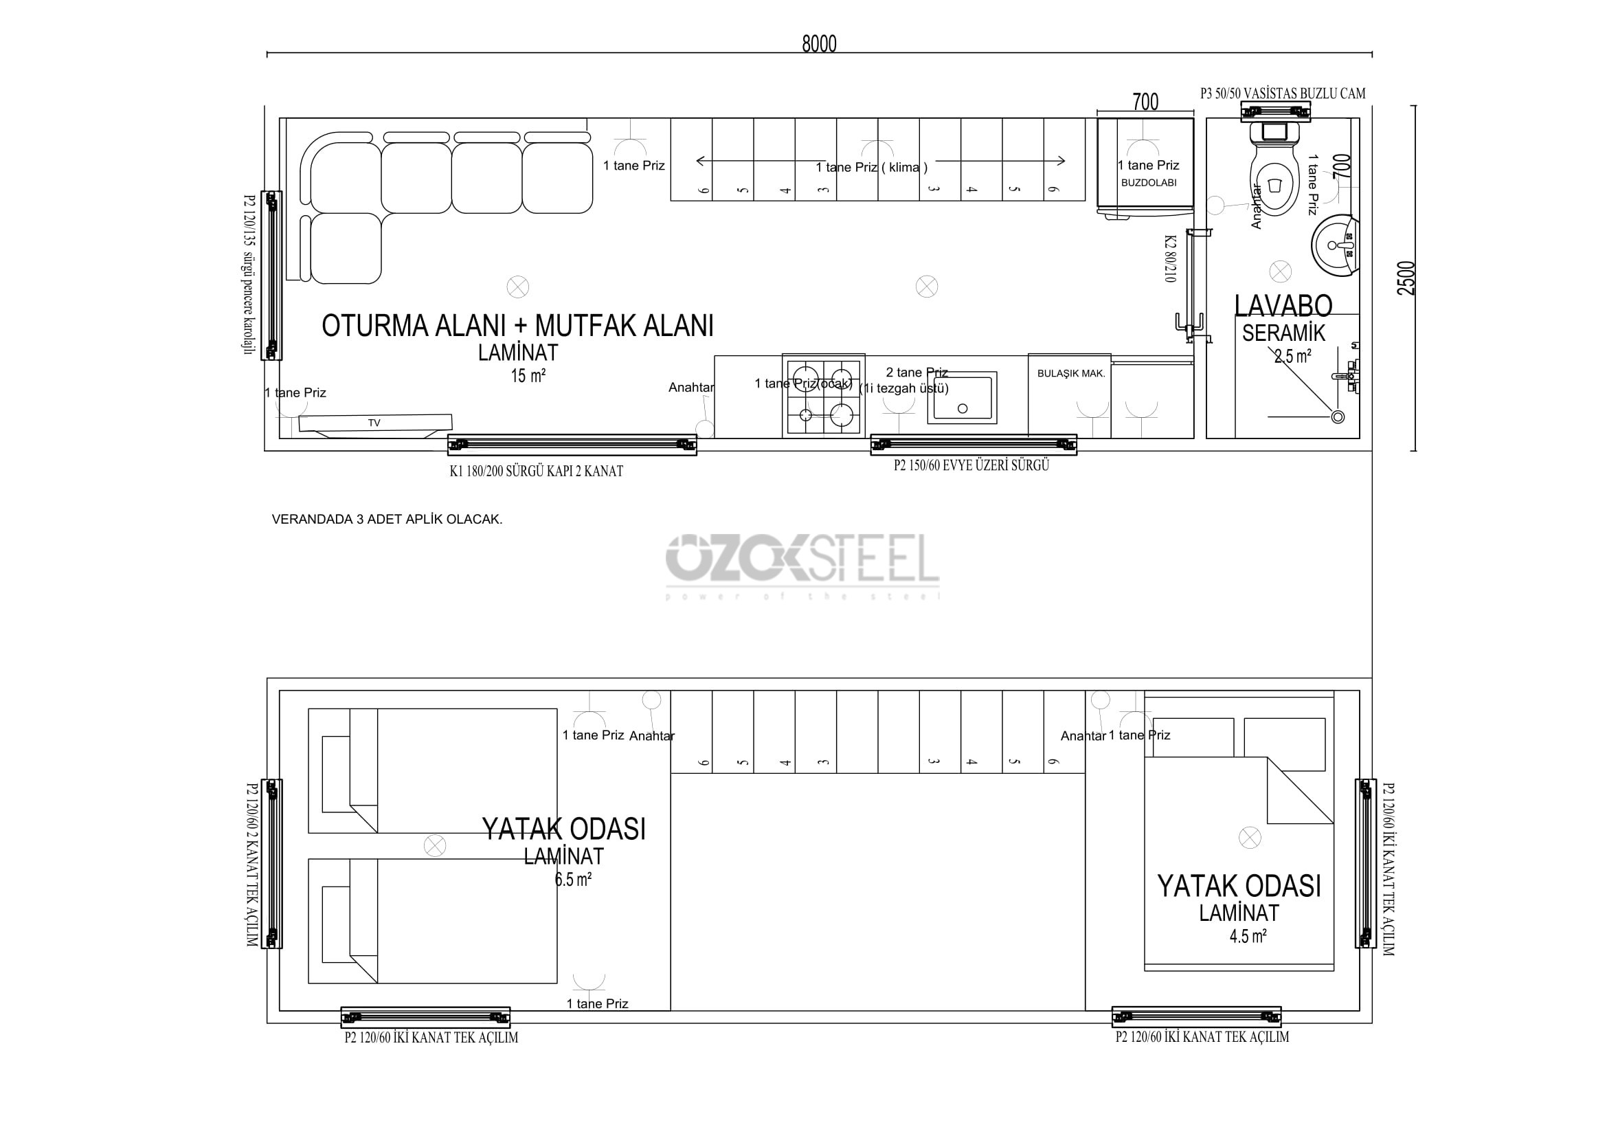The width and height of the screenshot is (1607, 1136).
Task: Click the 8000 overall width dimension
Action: coord(819,44)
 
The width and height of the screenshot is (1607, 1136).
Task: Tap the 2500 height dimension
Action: coord(1406,278)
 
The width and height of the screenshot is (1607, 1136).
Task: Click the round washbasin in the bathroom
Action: coord(1335,245)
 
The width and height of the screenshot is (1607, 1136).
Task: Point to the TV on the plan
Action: coord(374,423)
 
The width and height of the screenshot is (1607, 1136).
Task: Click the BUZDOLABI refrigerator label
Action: coord(1149,183)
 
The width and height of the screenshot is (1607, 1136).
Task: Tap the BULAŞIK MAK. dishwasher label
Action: coord(1071,374)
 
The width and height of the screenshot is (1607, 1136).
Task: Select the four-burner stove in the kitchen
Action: coord(824,397)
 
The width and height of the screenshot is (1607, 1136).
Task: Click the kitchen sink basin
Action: coord(963,397)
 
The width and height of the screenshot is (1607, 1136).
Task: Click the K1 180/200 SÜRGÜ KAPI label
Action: coord(536,471)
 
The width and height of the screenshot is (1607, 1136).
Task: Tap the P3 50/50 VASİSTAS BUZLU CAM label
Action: coord(1282,93)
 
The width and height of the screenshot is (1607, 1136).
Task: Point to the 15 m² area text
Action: coord(528,376)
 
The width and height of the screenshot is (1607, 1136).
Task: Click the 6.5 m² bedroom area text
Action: coord(572,879)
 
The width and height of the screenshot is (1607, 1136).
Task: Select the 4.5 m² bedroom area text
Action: coord(1248,936)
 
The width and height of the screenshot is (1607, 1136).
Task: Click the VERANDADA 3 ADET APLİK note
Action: coord(387,520)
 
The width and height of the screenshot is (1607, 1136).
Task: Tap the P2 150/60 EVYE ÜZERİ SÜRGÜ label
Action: coord(971,465)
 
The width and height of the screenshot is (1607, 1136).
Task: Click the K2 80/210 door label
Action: coord(1170,258)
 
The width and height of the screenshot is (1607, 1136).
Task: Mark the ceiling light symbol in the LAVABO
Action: coord(1280,271)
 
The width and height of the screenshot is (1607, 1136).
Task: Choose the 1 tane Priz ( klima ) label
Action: coord(871,167)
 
